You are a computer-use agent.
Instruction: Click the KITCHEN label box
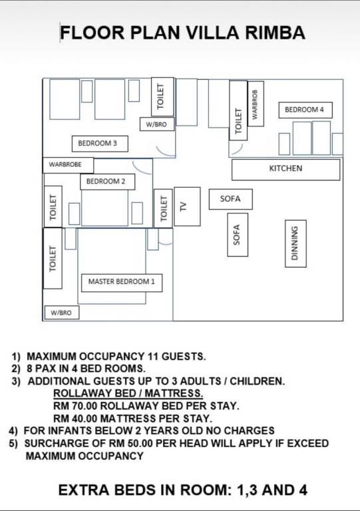pyautogui.click(x=285, y=169)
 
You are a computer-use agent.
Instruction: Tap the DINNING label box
pyautogui.click(x=295, y=244)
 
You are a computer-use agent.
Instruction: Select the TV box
pyautogui.click(x=187, y=206)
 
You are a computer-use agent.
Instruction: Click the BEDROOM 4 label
pyautogui.click(x=305, y=110)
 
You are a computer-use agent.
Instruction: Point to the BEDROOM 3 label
pyautogui.click(x=100, y=144)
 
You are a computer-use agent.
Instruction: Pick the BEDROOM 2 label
pyautogui.click(x=108, y=182)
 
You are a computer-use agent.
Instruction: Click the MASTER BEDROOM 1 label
pyautogui.click(x=122, y=282)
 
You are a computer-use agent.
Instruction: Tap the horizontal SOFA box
pyautogui.click(x=230, y=199)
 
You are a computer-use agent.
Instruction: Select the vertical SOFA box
pyautogui.click(x=237, y=235)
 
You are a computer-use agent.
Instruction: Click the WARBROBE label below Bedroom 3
pyautogui.click(x=68, y=165)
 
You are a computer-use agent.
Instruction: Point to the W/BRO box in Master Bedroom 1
pyautogui.click(x=62, y=313)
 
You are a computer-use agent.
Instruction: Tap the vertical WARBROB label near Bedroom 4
pyautogui.click(x=256, y=104)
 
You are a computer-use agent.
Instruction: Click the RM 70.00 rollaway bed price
pyautogui.click(x=77, y=406)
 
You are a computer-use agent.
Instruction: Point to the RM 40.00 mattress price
pyautogui.click(x=77, y=418)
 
